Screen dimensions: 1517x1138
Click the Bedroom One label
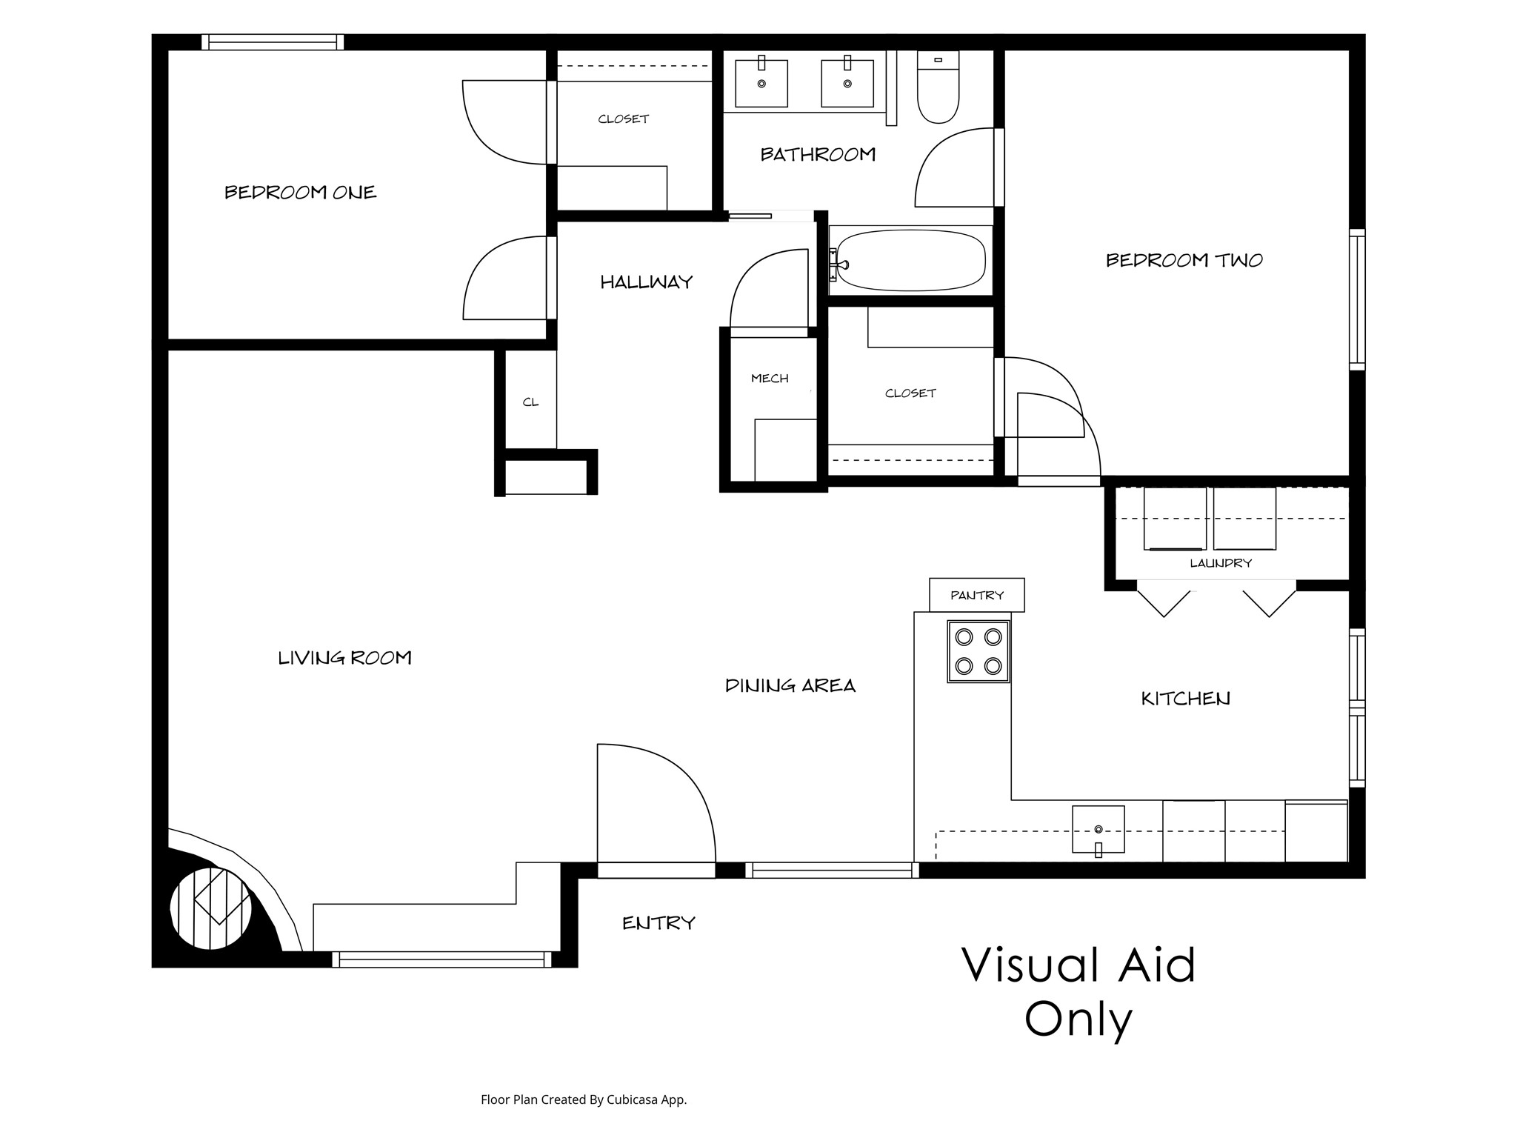pyautogui.click(x=301, y=193)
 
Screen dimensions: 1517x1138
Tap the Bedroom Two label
pyautogui.click(x=1184, y=260)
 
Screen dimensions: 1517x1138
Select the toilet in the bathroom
pyautogui.click(x=938, y=87)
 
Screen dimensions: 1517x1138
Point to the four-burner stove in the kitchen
pyautogui.click(x=978, y=651)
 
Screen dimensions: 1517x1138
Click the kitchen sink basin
pyautogui.click(x=1098, y=830)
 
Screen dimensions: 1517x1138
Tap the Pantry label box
pyautogui.click(x=977, y=595)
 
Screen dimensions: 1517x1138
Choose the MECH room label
pyautogui.click(x=770, y=379)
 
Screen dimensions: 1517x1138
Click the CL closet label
pyautogui.click(x=530, y=402)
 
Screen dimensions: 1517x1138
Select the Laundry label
pyautogui.click(x=1221, y=563)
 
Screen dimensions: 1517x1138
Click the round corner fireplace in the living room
pyautogui.click(x=211, y=908)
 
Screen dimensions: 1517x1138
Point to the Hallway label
pyautogui.click(x=647, y=282)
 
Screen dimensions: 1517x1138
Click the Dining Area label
pyautogui.click(x=790, y=686)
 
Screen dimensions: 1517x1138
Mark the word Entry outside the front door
pyautogui.click(x=659, y=923)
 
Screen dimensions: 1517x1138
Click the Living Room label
pyautogui.click(x=344, y=658)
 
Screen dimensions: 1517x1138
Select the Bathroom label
pyautogui.click(x=818, y=154)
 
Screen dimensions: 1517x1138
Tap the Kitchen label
pyautogui.click(x=1185, y=699)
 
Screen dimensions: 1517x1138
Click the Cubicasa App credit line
pyautogui.click(x=584, y=1100)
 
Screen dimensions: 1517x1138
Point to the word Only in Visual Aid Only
pyautogui.click(x=1078, y=1021)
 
